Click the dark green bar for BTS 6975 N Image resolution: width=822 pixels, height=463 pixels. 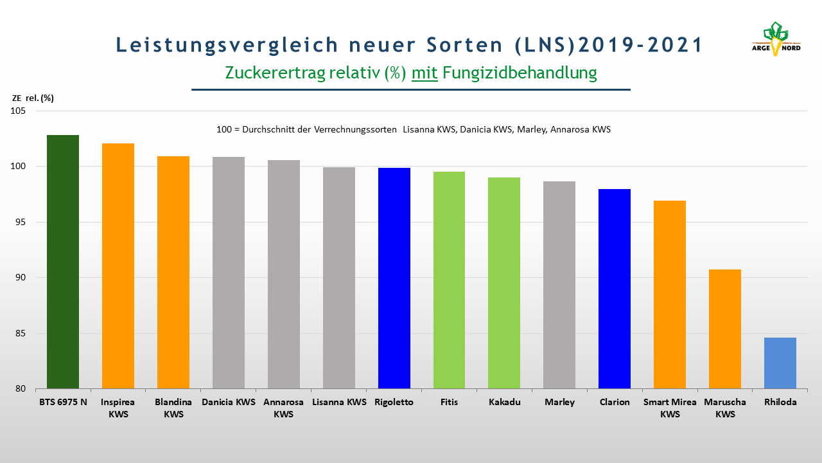tap(63, 262)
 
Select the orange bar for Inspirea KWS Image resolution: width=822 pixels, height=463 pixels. tap(118, 266)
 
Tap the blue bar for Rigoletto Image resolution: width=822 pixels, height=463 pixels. tap(394, 278)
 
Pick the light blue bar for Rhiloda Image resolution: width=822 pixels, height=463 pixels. tap(780, 363)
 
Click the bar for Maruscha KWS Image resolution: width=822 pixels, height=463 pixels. tap(725, 329)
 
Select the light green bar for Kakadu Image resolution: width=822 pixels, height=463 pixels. tap(504, 283)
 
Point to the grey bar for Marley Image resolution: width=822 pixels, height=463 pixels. tap(559, 285)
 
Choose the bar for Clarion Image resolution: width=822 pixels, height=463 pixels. tap(615, 289)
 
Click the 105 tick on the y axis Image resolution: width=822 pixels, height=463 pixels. tap(18, 111)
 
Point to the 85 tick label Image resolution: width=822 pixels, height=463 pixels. tap(21, 333)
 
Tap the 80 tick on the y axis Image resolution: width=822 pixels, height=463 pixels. tap(21, 389)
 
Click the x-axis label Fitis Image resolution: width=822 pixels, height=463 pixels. tap(449, 402)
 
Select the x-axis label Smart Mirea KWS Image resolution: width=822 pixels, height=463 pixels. tap(670, 408)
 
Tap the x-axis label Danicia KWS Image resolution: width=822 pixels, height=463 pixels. tap(229, 402)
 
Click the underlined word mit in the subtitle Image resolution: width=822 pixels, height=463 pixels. tap(424, 73)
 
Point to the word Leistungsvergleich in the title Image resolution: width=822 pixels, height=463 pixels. tap(227, 45)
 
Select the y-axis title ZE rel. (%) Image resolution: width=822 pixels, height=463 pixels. tap(33, 98)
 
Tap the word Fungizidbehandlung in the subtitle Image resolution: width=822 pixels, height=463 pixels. tap(520, 73)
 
